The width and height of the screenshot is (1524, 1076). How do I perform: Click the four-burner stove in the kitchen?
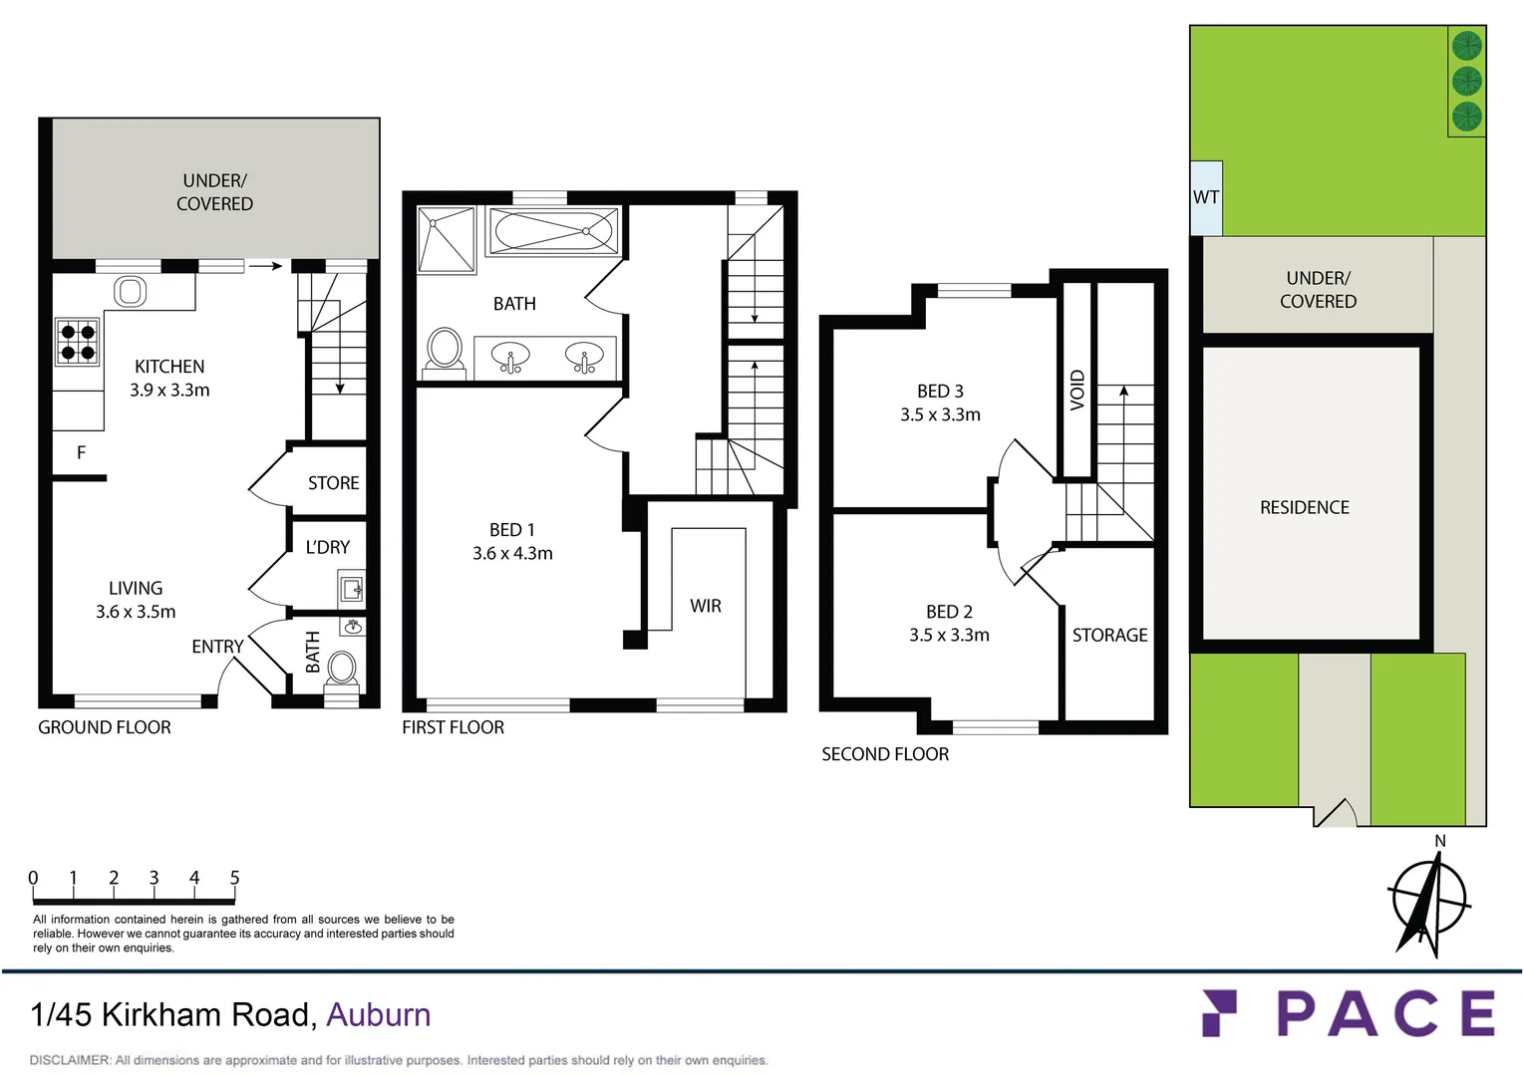78,342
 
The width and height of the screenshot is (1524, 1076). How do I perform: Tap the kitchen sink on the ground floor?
130,291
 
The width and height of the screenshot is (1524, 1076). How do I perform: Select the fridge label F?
81,453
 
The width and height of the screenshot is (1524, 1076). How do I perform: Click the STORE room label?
333,483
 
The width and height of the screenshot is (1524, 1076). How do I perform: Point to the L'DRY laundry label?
327,547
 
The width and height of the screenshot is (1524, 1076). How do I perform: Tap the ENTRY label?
217,647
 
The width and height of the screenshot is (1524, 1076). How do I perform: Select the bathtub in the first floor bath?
553,231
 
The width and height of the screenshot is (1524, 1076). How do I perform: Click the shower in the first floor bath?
447,239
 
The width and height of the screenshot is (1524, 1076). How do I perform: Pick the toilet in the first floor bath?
445,351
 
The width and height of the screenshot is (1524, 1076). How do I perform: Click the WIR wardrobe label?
706,606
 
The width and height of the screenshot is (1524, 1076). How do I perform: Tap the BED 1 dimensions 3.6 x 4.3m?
512,554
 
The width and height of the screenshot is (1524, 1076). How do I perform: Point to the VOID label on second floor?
1077,390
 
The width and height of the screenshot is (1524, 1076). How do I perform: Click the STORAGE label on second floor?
1109,636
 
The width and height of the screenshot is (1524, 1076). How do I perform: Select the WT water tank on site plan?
1206,197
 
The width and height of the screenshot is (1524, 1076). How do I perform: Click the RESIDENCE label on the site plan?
1304,508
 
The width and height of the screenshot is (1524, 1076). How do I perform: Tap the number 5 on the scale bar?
235,878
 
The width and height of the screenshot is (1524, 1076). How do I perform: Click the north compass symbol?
1429,901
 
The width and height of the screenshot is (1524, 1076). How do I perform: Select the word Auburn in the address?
379,1014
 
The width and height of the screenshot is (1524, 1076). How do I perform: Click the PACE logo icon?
1219,1013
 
